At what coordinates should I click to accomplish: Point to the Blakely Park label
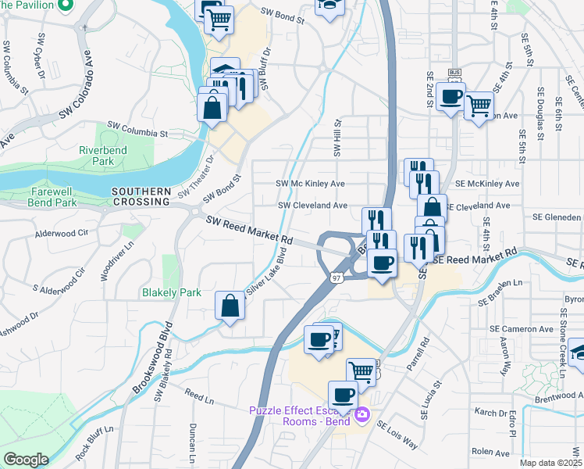[171, 293]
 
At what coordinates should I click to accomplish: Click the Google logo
[27, 460]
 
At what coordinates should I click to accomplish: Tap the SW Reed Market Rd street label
[249, 229]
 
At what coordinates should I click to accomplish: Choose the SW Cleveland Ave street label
[313, 206]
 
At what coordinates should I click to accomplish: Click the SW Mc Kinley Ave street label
[310, 184]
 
